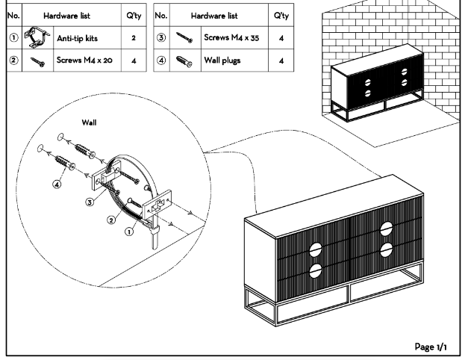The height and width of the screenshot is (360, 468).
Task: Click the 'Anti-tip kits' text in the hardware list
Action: (x=77, y=37)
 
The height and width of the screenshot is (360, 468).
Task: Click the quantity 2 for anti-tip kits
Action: (x=134, y=37)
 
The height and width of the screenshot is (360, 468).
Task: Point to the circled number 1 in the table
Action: (x=13, y=37)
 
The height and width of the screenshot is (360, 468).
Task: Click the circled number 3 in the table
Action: (x=161, y=37)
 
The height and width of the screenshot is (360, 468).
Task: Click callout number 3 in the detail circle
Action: (x=90, y=202)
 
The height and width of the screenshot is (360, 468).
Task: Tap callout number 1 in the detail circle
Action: (x=128, y=232)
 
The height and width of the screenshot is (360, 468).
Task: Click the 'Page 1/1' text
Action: (x=431, y=347)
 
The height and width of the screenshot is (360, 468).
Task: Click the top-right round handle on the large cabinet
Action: (x=387, y=229)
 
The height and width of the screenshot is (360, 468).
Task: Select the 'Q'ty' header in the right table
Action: (x=281, y=16)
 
